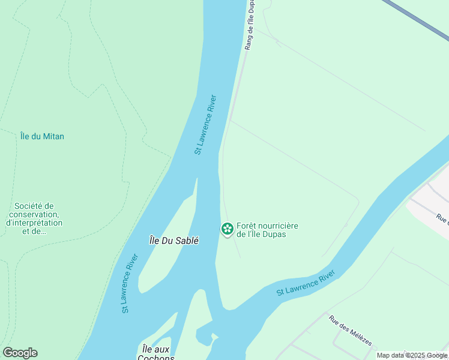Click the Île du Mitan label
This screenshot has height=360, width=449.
point(42,136)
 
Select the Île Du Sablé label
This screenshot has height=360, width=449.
point(174,240)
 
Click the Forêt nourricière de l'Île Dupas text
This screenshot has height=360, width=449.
point(267,229)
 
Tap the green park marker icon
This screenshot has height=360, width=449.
point(227,229)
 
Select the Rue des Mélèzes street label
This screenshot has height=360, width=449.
point(350,330)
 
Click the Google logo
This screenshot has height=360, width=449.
point(20,353)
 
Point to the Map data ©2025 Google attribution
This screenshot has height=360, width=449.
point(412,355)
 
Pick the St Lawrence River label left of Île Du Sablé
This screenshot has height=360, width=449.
point(130,283)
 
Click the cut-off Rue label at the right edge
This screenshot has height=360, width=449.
point(442,219)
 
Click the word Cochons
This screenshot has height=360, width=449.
point(155,358)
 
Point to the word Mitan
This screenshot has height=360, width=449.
point(53,136)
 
